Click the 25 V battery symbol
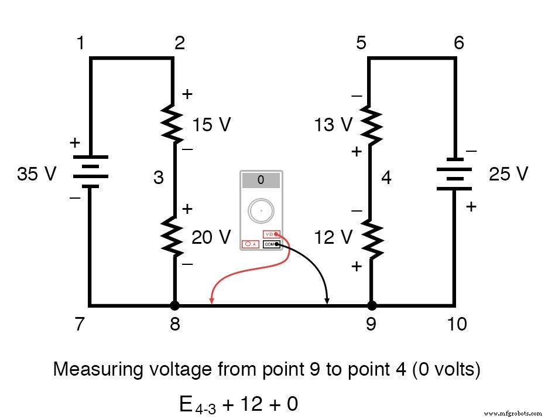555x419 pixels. tap(454, 173)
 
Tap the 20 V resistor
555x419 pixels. tap(174, 236)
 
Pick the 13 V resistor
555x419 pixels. tap(371, 124)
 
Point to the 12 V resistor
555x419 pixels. tap(371, 237)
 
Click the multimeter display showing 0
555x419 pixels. tap(261, 180)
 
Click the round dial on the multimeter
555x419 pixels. tap(261, 210)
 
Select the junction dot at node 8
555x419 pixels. tap(174, 305)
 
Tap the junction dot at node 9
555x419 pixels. tap(371, 305)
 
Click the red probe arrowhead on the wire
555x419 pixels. tap(211, 301)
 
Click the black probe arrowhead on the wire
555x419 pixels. tap(327, 301)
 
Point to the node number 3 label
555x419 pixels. tap(159, 178)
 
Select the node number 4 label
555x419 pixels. tap(386, 177)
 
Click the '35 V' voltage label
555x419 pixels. tap(37, 174)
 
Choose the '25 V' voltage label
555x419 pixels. tap(508, 174)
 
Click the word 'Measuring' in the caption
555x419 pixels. tap(98, 370)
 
